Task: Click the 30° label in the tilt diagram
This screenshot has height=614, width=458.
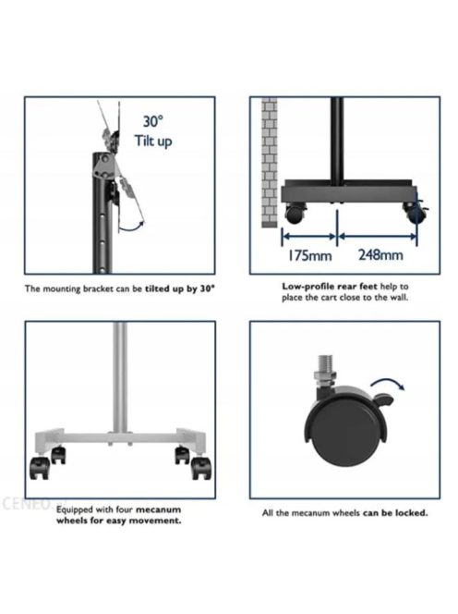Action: point(152,121)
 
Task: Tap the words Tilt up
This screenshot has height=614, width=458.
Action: point(153,141)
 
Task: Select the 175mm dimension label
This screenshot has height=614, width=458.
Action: point(309,256)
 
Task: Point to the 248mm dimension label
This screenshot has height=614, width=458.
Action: point(380,255)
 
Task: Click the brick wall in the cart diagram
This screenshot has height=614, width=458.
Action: point(269,162)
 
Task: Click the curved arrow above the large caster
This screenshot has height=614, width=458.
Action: point(388,384)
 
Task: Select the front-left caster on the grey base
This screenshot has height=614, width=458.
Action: point(41,468)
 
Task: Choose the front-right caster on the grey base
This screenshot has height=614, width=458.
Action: point(201,469)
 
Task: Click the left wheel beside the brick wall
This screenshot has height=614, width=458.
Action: point(294,214)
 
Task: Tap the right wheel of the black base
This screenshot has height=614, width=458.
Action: point(414,213)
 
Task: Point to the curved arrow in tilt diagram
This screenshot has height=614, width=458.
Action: point(130,227)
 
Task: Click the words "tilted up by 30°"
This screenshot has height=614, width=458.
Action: point(180,289)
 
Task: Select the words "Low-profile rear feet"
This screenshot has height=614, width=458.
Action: point(330,287)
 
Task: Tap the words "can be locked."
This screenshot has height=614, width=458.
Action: point(395,512)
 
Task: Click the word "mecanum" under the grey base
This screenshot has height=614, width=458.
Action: point(158,510)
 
